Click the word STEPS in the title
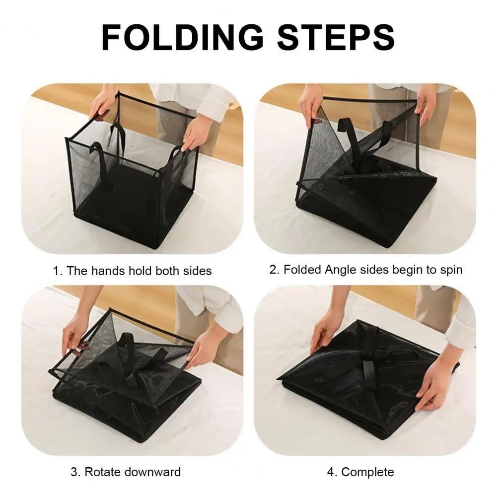[336, 37]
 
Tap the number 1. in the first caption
[58, 271]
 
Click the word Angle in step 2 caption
[341, 270]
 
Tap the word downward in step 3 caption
[152, 472]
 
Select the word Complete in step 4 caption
[367, 472]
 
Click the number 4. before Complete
[332, 472]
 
